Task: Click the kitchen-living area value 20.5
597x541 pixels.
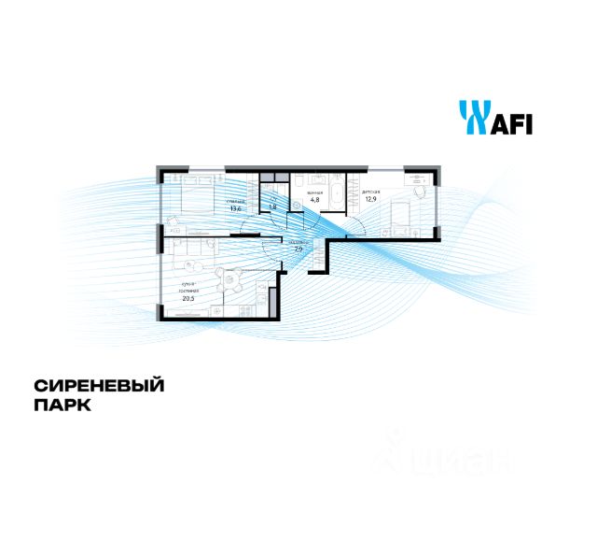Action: point(188,298)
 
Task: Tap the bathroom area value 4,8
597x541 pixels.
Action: point(314,198)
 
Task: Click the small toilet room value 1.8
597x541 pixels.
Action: point(273,206)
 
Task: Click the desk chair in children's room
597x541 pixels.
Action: point(417,191)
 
